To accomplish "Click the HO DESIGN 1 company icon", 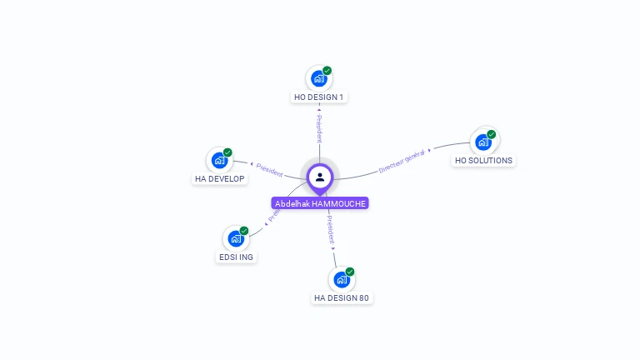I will [x=318, y=79].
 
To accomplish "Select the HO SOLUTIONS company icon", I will [x=482, y=142].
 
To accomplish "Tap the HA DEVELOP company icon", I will [x=219, y=161].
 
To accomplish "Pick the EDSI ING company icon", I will [x=236, y=239].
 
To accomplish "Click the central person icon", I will [x=320, y=177].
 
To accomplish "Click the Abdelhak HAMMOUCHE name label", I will [x=320, y=203].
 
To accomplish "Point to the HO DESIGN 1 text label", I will [x=319, y=97].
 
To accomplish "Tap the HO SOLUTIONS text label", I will [x=484, y=160].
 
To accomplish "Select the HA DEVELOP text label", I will [x=220, y=179].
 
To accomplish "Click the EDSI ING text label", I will [x=236, y=257].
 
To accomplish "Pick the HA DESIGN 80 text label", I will [x=342, y=298].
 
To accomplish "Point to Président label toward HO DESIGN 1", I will [x=319, y=128].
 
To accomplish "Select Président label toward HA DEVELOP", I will [x=269, y=169].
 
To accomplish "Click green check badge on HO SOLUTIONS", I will [x=492, y=133].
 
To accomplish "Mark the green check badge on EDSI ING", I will [x=244, y=231].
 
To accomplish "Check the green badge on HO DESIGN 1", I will [x=327, y=71].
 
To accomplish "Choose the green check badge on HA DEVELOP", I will [x=227, y=152].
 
